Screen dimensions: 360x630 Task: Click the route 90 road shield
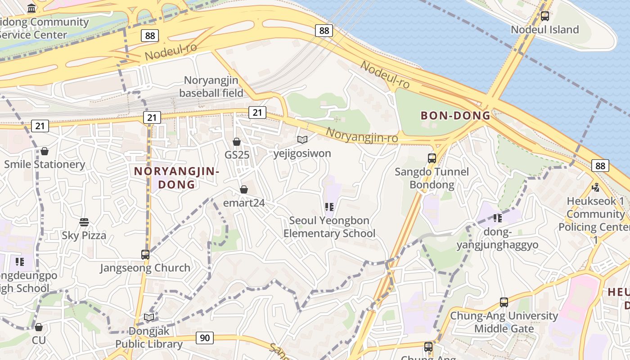pos(205,337)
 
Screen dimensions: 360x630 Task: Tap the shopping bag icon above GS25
pos(237,142)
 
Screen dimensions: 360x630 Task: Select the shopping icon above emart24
pos(244,189)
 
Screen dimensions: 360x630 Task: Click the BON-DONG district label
pos(455,115)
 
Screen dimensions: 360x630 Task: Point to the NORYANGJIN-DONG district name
pos(176,178)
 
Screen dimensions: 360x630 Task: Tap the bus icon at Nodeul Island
pos(545,16)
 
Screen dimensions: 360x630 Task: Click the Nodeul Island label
pos(544,30)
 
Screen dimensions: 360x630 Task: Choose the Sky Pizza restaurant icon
pos(84,222)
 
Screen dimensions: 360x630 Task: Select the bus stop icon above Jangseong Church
pos(145,254)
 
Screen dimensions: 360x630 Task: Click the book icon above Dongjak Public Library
pos(149,317)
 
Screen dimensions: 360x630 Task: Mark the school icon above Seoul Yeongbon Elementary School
pos(329,207)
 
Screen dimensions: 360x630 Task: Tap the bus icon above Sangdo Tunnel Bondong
pos(432,158)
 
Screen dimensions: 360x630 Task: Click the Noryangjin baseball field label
pos(211,86)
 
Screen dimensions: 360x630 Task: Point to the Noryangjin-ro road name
pos(362,135)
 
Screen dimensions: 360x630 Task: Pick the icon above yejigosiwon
pos(302,140)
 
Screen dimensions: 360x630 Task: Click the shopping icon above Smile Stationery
pos(45,151)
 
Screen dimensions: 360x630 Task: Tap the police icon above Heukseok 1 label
pos(596,187)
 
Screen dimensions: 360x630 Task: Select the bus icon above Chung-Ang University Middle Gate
pos(504,302)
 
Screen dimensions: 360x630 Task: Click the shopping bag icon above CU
pos(39,327)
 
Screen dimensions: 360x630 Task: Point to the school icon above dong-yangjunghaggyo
pos(497,218)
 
